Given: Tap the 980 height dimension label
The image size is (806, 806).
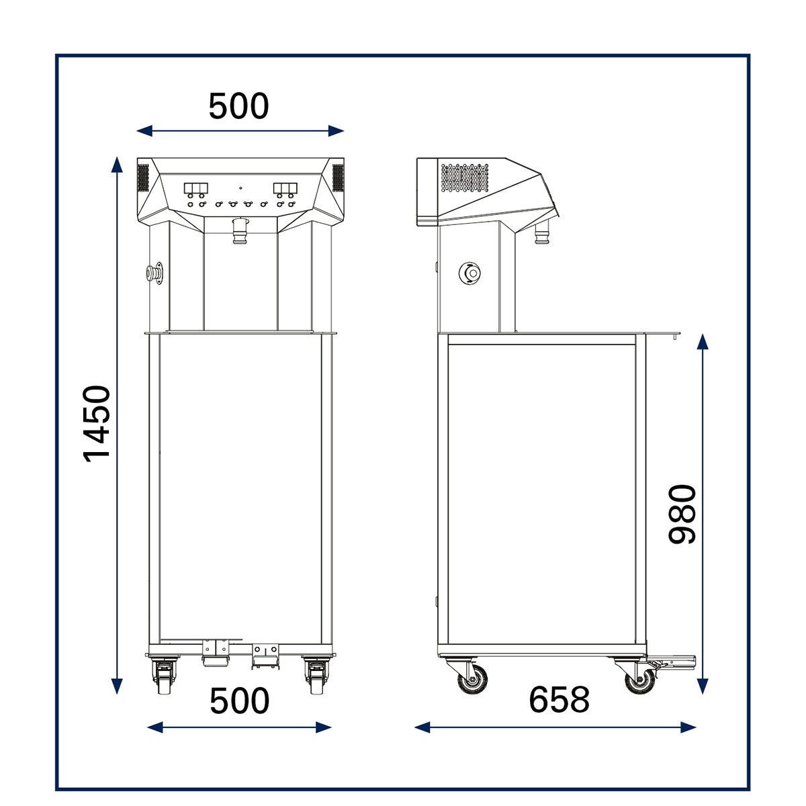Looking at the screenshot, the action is [x=682, y=514].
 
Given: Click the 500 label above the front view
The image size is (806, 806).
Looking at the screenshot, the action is [x=238, y=106].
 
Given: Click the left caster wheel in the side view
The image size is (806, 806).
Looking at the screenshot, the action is [x=473, y=678].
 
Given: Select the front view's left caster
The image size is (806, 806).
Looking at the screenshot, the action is [x=165, y=674].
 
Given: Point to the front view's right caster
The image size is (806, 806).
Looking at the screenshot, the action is [x=316, y=674].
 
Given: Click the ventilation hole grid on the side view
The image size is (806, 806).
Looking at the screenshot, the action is [x=465, y=178].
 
